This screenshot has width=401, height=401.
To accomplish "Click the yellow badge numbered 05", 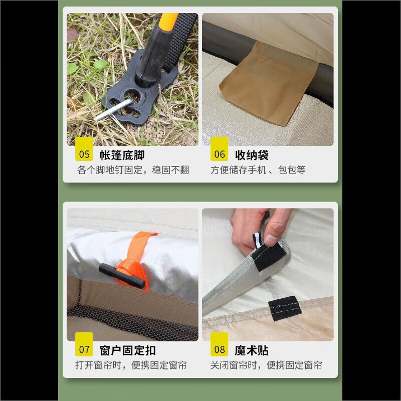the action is (x=84, y=149).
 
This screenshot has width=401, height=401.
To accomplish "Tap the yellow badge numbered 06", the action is (x=219, y=149).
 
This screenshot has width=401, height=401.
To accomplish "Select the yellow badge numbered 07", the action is (x=84, y=344).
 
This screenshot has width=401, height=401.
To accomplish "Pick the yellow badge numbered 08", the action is (x=219, y=344).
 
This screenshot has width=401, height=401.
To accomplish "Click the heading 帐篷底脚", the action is (x=122, y=155).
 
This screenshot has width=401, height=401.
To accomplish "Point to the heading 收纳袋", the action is (x=252, y=155).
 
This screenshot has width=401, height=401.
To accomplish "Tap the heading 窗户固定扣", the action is (x=128, y=350).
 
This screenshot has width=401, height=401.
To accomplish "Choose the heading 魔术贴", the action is (x=252, y=350).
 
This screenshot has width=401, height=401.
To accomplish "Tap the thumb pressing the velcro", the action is (x=275, y=230).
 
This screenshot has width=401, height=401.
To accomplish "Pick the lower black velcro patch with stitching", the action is (x=285, y=308).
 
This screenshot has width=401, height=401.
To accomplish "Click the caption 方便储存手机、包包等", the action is (x=258, y=170).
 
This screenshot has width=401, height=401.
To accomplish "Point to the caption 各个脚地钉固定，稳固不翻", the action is (x=133, y=170).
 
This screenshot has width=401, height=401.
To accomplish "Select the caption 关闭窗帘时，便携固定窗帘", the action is (x=266, y=365).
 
